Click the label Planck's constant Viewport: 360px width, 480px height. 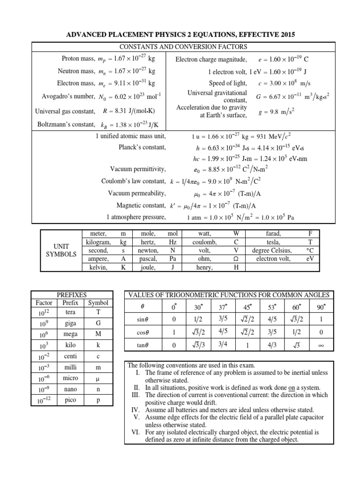142,147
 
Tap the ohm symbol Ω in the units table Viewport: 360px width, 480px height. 236,259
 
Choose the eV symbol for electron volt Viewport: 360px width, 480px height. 310,259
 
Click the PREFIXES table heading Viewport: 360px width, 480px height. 71,295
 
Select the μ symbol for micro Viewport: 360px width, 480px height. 98,378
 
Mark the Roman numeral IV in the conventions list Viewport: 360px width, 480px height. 137,410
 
